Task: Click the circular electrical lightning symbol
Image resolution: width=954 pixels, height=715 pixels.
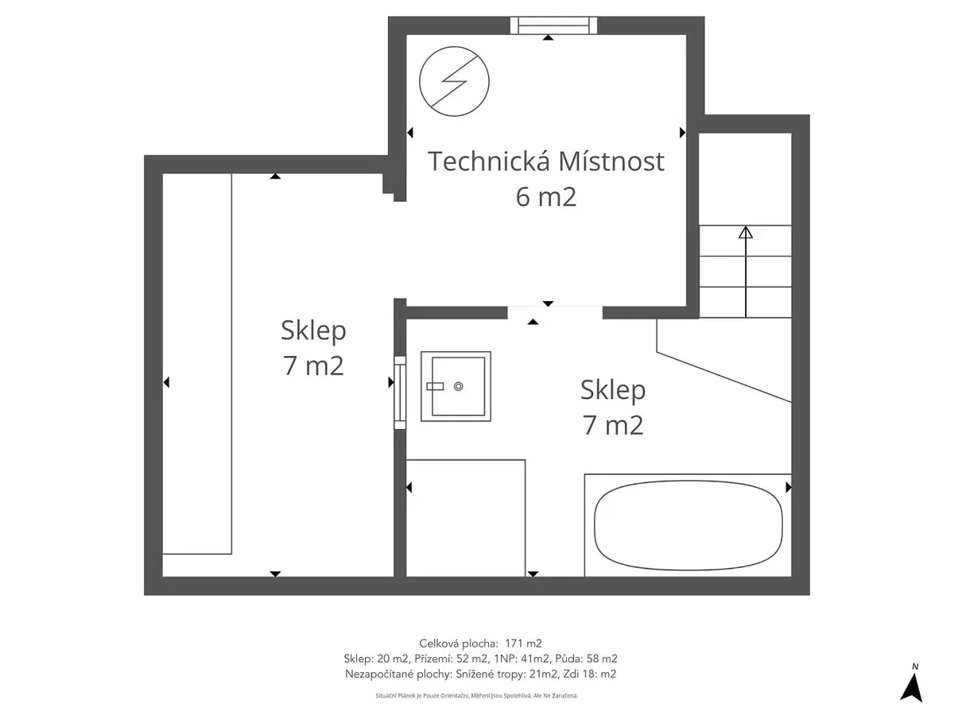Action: click(x=454, y=81)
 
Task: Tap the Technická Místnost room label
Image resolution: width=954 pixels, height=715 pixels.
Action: click(x=546, y=161)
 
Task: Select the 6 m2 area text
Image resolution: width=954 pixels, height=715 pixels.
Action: click(x=546, y=197)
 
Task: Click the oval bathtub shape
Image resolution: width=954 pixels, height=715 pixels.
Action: click(x=688, y=524)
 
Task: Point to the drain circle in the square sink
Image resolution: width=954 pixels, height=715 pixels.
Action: click(x=458, y=386)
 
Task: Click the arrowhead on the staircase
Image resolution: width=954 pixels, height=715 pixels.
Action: click(x=746, y=232)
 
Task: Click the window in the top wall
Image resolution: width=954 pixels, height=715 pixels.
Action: click(x=553, y=25)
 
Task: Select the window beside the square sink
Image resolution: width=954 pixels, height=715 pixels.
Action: click(x=400, y=392)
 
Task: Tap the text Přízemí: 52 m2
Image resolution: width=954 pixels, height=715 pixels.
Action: click(x=451, y=659)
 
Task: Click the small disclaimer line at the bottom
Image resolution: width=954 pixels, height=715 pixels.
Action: click(x=477, y=696)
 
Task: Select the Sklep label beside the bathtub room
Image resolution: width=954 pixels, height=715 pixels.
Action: click(x=613, y=390)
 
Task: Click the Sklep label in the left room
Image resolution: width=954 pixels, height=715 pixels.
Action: click(x=313, y=330)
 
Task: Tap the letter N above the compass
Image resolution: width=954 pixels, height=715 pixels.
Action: click(x=915, y=667)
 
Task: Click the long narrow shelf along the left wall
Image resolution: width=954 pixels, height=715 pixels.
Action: click(x=197, y=364)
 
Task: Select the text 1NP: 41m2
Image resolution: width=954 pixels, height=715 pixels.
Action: click(x=522, y=659)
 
